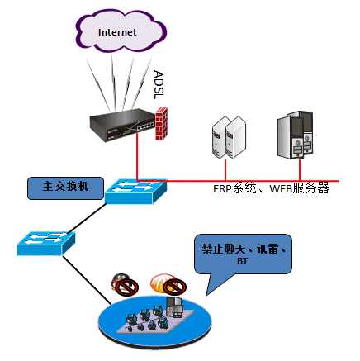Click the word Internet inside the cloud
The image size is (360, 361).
(117, 32)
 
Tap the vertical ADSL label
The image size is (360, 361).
(159, 84)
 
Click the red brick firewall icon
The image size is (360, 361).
(162, 123)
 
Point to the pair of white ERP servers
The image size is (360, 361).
(229, 137)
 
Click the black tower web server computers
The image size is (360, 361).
(295, 135)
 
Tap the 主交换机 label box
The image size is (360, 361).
(66, 188)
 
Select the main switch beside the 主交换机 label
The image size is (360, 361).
(136, 192)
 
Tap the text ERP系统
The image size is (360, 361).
(234, 188)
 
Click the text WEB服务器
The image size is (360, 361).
(299, 188)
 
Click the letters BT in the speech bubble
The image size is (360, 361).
(242, 261)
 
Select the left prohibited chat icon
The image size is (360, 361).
(125, 285)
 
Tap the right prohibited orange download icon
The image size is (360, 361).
(168, 284)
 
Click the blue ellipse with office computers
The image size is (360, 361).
(155, 321)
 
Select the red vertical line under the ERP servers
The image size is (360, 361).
(225, 169)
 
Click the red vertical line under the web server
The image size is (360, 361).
(300, 170)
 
